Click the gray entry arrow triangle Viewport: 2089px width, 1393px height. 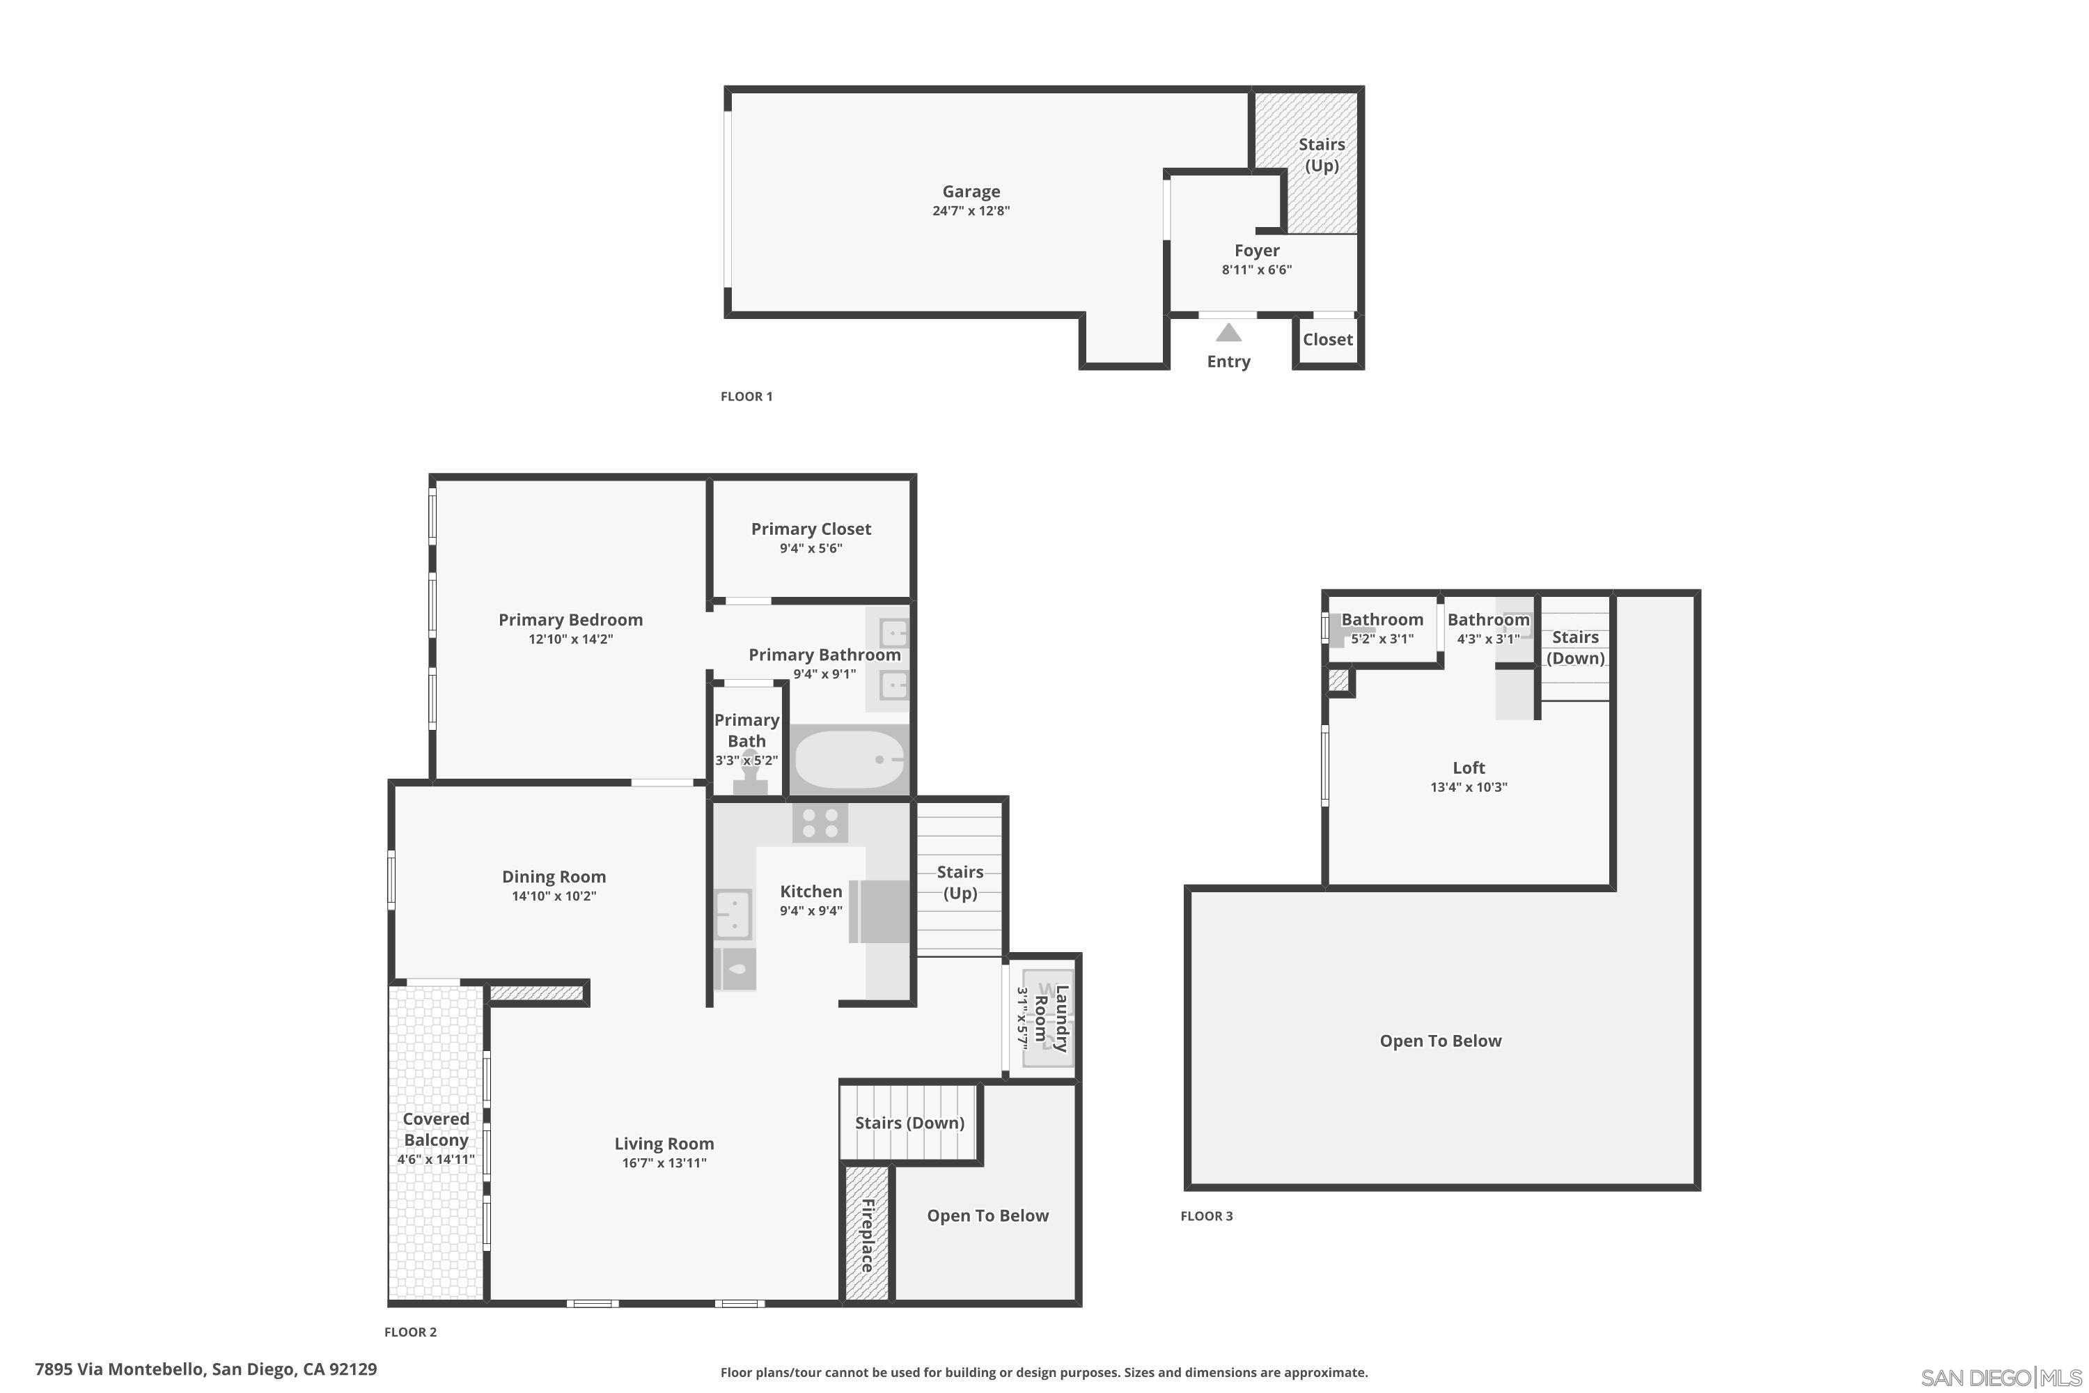click(1228, 333)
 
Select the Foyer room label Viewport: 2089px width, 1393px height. click(1257, 251)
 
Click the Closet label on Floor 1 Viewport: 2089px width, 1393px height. click(1328, 339)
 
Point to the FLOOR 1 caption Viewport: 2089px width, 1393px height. click(746, 396)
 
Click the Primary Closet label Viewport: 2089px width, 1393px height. click(811, 529)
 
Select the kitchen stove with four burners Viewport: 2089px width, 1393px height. click(820, 823)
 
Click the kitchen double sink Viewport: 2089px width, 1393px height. click(734, 914)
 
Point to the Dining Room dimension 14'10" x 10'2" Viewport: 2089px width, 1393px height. click(554, 896)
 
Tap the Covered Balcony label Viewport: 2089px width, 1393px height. click(435, 1129)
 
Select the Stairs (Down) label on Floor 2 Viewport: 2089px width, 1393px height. click(909, 1123)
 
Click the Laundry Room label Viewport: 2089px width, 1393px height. click(1051, 1018)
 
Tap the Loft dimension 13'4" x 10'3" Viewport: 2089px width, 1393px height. click(1468, 787)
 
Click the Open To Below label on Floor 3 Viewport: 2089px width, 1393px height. click(1440, 1041)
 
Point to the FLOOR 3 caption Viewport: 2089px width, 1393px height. click(1206, 1216)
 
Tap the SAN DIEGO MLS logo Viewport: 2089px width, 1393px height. click(2003, 1378)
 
